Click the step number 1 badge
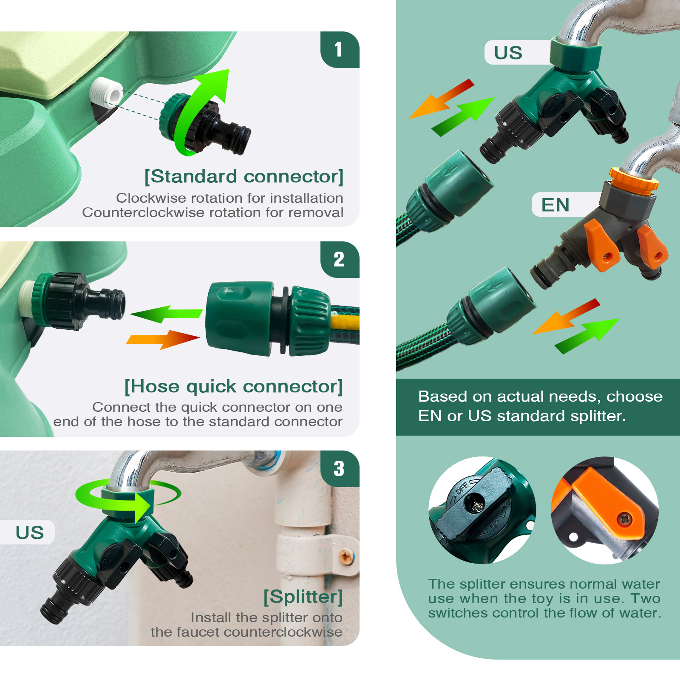click(x=340, y=50)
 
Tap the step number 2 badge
click(x=340, y=260)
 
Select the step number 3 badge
click(x=340, y=469)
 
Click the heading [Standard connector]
click(x=244, y=177)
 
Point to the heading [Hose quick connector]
click(x=233, y=387)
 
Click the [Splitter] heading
click(x=303, y=597)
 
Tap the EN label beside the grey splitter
click(x=555, y=205)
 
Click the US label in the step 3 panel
click(x=30, y=533)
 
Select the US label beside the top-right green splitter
click(x=508, y=53)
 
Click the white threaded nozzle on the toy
click(x=107, y=92)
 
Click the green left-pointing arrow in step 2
click(x=166, y=314)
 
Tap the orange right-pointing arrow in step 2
click(x=163, y=339)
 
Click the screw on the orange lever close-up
click(x=624, y=519)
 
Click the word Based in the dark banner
click(x=442, y=397)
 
